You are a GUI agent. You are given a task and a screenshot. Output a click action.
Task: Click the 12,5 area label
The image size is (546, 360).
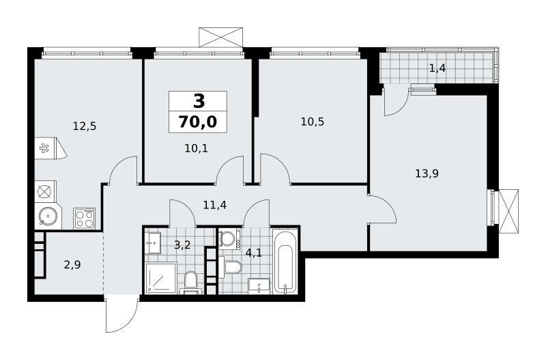(x=85, y=126)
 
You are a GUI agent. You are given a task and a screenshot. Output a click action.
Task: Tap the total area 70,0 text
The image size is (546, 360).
(x=198, y=122)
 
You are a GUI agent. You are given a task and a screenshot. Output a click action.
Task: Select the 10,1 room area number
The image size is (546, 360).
(x=196, y=148)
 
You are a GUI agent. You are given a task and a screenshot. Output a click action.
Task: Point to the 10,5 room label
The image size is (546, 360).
(x=313, y=122)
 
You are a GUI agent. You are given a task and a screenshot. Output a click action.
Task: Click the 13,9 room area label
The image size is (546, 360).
(x=427, y=174)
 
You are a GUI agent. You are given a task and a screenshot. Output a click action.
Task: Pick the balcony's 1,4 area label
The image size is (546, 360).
(x=437, y=68)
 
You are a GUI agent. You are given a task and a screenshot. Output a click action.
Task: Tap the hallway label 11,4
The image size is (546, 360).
(x=215, y=204)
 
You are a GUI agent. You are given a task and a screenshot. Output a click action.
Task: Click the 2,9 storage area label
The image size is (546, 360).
(x=72, y=265)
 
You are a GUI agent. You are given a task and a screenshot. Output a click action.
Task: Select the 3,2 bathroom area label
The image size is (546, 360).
(x=182, y=245)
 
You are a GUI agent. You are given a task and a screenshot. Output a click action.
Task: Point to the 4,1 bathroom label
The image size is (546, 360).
(x=253, y=252)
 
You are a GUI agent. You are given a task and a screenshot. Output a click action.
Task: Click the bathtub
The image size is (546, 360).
(x=285, y=262)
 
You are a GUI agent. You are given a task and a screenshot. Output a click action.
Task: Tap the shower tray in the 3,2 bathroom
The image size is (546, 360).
(x=161, y=277)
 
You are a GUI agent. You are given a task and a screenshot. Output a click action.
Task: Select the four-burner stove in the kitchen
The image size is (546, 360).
(x=84, y=219)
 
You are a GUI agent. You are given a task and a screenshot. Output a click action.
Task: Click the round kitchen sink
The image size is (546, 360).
(x=48, y=217)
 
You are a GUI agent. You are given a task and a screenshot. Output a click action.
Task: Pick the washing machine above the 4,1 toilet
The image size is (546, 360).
(x=229, y=238)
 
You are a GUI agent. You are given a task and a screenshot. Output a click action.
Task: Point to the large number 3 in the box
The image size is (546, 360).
(x=199, y=102)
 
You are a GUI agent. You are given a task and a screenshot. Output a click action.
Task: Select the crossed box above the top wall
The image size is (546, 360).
(x=220, y=37)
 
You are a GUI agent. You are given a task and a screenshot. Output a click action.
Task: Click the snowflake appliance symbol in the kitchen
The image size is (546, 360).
(x=44, y=148)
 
